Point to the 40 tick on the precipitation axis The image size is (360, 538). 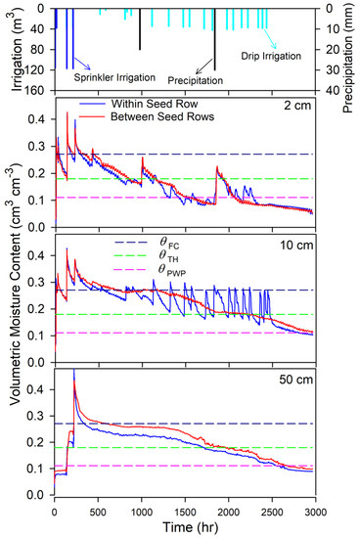[332, 92]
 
